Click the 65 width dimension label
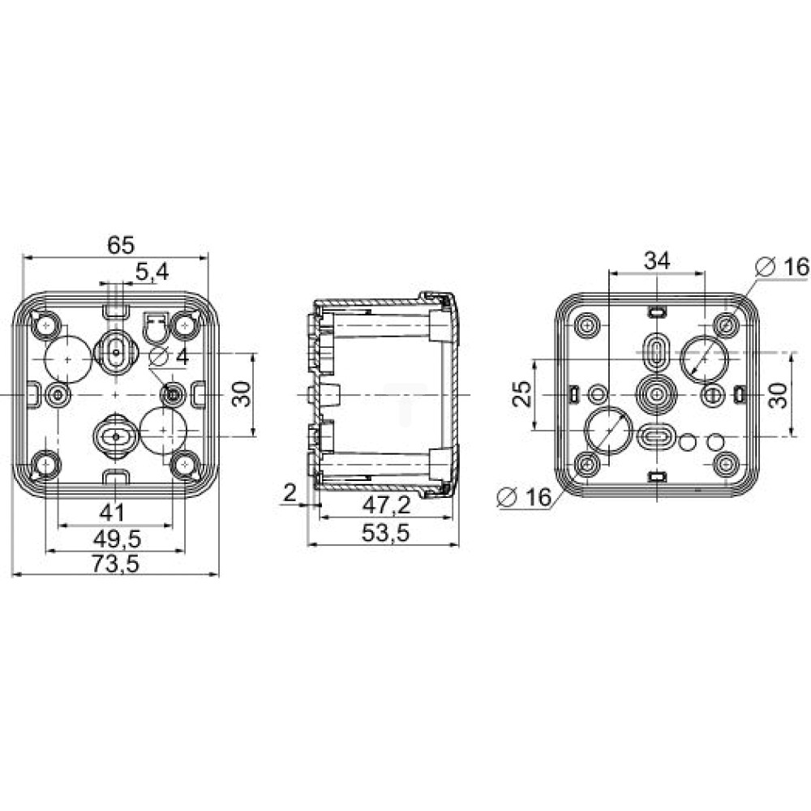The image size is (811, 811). [x=121, y=245]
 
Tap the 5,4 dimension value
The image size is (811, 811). [x=152, y=272]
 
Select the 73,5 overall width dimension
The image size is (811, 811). [x=116, y=564]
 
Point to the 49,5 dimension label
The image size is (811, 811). [x=117, y=539]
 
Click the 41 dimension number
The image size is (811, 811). [x=112, y=513]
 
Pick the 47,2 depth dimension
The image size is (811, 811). [x=386, y=505]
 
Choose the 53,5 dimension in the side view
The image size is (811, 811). [x=385, y=533]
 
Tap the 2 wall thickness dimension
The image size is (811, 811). [x=290, y=493]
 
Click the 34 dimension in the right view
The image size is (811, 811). [x=657, y=260]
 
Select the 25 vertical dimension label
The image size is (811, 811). [x=521, y=393]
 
